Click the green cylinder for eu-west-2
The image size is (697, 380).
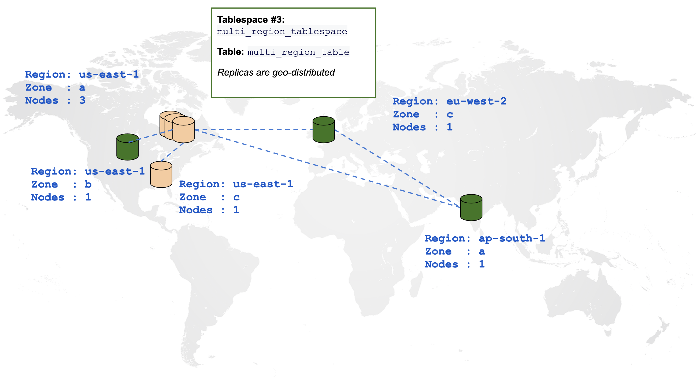(324, 129)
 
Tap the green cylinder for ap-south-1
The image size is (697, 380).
(471, 207)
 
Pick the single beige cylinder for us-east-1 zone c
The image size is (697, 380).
(161, 174)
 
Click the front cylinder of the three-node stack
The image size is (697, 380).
(183, 130)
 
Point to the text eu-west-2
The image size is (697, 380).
(476, 101)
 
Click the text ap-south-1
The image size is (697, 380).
(512, 238)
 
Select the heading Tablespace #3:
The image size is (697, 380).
(251, 20)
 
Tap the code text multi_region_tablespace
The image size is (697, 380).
(282, 31)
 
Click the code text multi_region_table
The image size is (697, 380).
(298, 52)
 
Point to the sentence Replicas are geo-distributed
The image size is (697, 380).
(276, 72)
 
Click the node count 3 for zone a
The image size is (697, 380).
(82, 100)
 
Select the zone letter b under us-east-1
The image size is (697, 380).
(88, 184)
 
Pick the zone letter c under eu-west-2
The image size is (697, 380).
(450, 114)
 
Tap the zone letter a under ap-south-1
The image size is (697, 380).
(482, 252)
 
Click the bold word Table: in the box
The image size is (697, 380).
(231, 52)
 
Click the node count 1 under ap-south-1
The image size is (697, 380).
(482, 264)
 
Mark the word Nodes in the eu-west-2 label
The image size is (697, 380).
(409, 127)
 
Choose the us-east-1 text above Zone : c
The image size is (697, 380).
(263, 184)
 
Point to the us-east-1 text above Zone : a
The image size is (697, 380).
(109, 74)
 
